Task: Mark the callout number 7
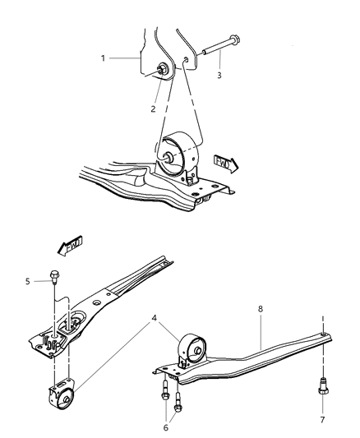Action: pos(322,419)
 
